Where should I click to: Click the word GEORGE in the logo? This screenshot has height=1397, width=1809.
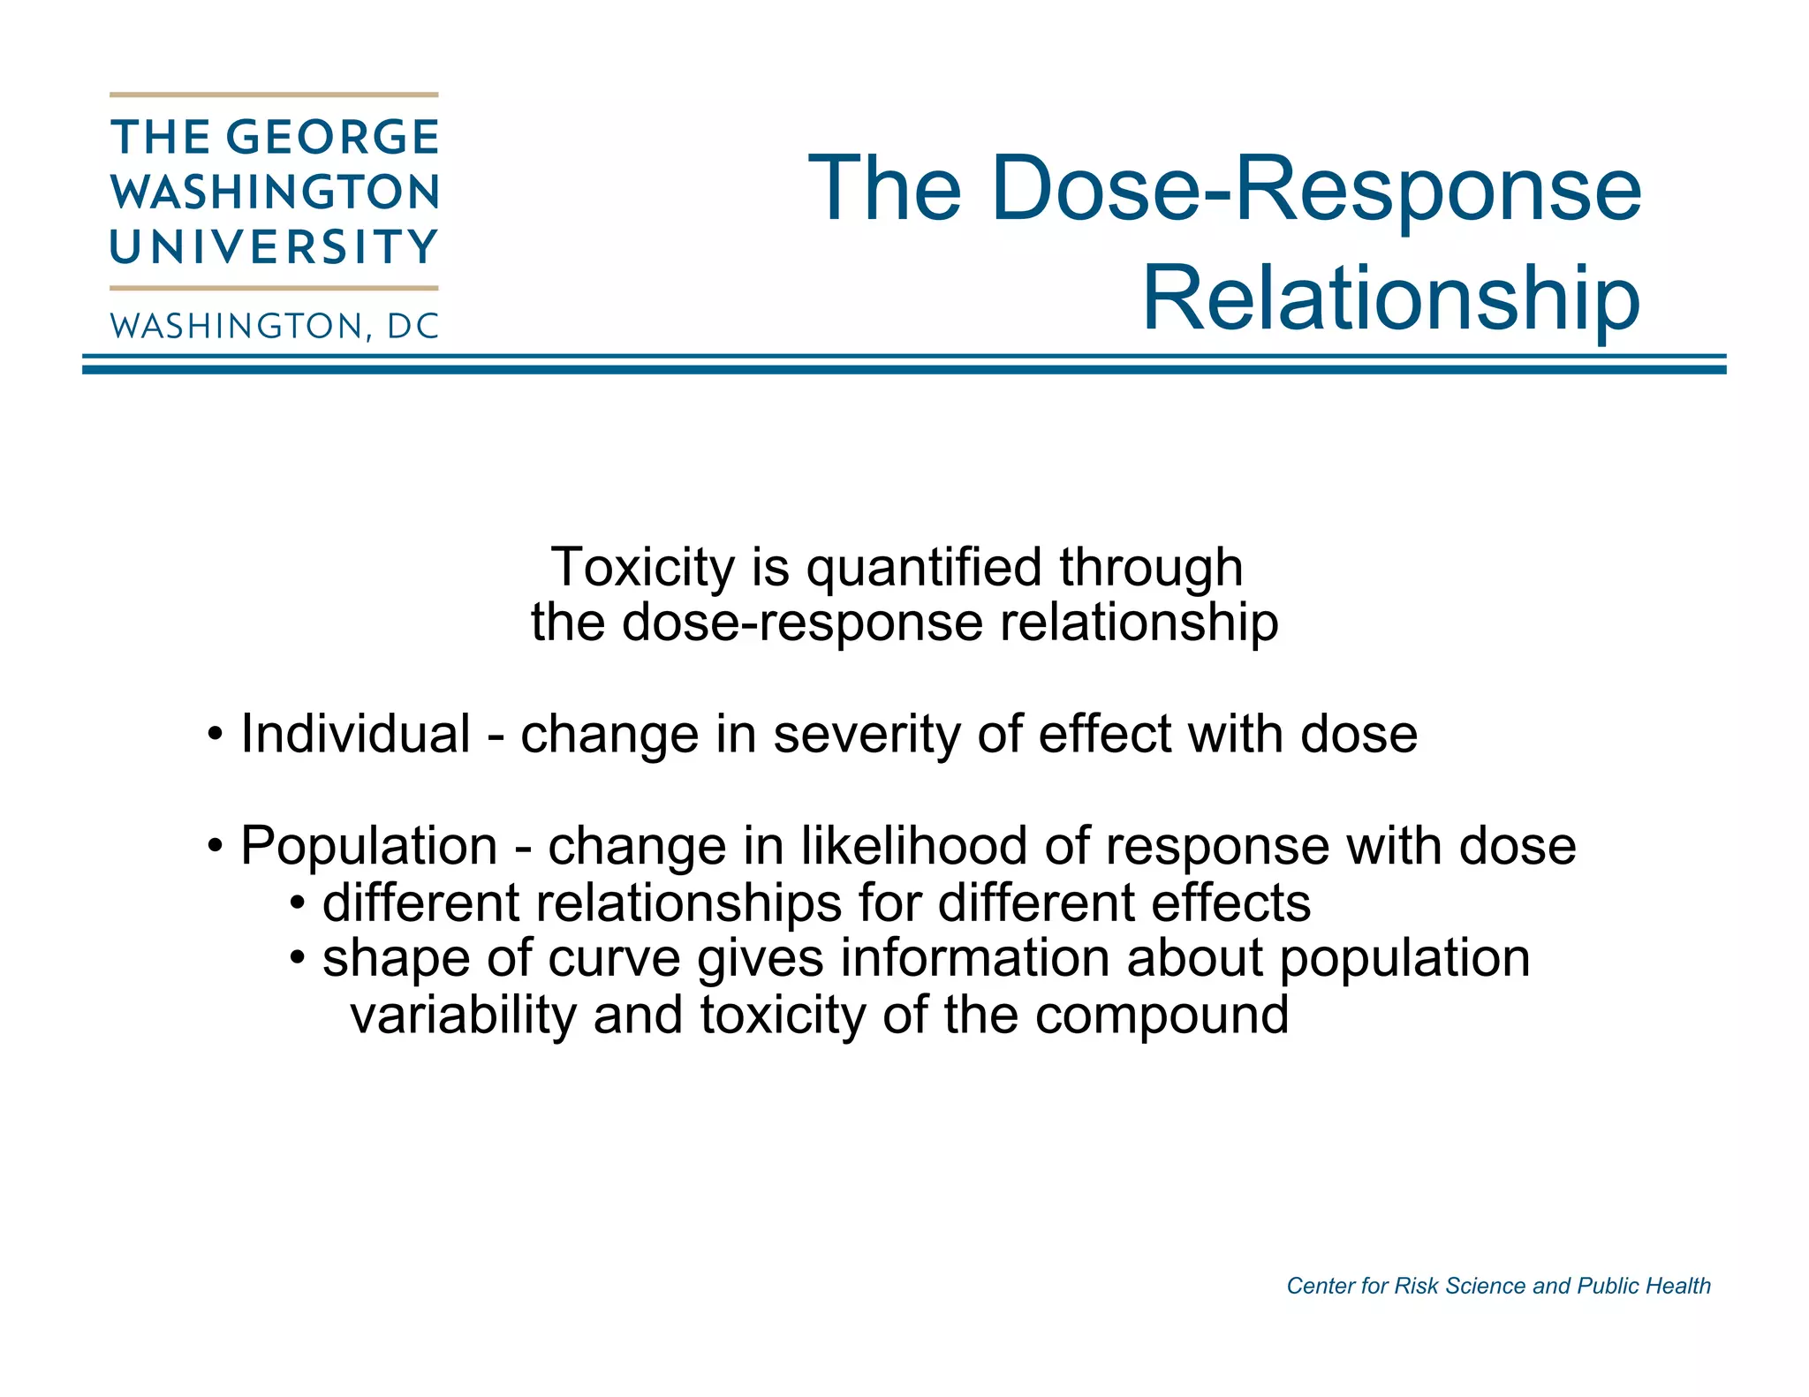coord(333,138)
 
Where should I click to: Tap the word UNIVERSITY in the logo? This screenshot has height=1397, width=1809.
coord(274,247)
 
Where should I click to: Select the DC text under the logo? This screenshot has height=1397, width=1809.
coord(413,327)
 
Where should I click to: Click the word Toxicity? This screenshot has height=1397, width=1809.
coord(642,567)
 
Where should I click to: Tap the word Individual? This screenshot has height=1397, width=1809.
coord(355,734)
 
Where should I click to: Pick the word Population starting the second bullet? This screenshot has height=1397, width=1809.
coord(369,847)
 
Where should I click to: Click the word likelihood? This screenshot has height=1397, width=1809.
coord(914,845)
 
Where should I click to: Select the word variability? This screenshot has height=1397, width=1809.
coord(463,1015)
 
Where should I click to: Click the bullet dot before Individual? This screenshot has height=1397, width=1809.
coord(215,735)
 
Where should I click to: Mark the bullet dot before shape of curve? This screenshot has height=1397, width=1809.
coord(299,958)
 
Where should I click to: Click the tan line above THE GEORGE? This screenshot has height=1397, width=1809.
coord(274,94)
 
